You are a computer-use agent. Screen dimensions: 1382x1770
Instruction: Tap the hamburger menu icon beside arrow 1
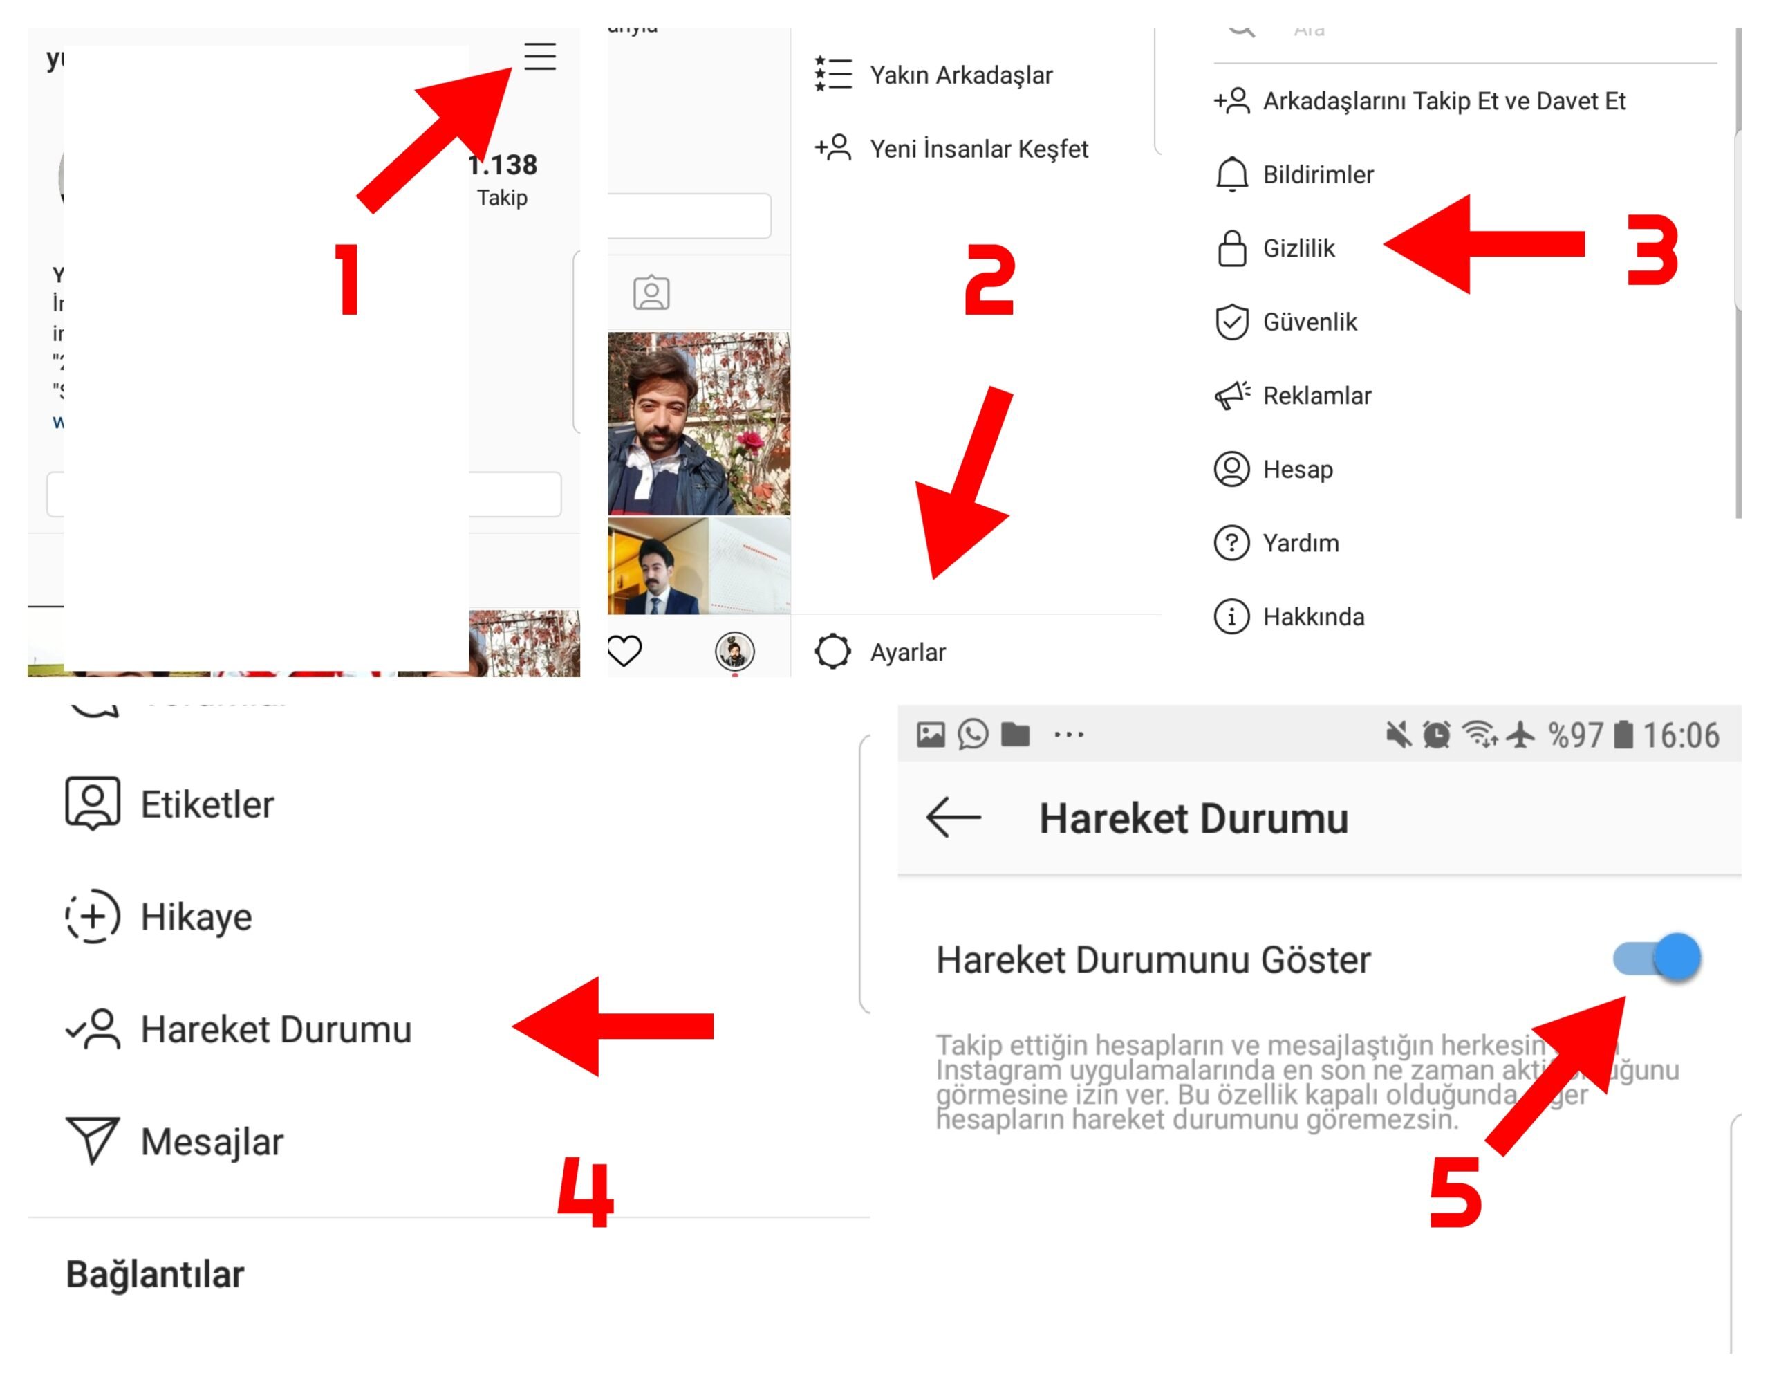[540, 57]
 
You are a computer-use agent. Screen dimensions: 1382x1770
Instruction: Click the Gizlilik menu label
[1298, 248]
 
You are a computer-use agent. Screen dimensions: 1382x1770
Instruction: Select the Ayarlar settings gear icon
[832, 651]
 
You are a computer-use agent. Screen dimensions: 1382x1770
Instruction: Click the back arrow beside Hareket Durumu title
[953, 817]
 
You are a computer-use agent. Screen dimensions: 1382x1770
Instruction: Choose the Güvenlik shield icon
[1231, 322]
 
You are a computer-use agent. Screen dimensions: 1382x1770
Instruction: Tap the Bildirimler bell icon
[1231, 174]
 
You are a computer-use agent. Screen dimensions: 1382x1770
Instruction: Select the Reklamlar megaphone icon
[1232, 396]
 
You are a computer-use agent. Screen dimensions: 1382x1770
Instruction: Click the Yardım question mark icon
[1231, 543]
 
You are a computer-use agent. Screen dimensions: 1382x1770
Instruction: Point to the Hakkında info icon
[1231, 617]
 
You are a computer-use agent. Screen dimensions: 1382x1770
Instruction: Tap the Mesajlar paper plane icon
[93, 1141]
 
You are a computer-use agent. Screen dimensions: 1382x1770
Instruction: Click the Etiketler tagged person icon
[93, 803]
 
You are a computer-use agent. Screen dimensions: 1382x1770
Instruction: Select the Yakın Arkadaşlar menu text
[961, 75]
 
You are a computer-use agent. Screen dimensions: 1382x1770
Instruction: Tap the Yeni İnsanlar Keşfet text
[979, 149]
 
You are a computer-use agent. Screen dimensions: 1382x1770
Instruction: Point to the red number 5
[1455, 1192]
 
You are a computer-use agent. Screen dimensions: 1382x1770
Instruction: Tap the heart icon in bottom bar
[624, 651]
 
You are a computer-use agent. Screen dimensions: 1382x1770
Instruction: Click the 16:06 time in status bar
[1680, 735]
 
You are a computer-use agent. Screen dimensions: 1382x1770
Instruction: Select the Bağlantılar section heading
[155, 1274]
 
